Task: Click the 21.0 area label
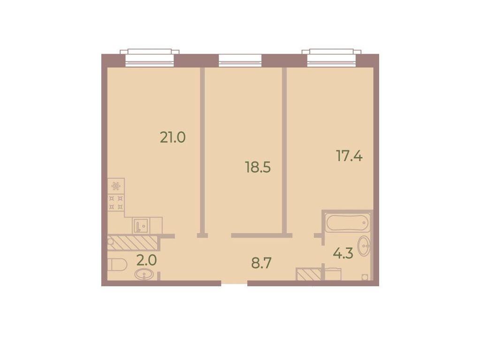click(173, 137)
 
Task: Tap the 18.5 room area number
click(258, 167)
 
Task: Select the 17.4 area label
click(349, 156)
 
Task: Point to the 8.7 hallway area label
click(261, 263)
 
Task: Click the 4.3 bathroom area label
click(343, 253)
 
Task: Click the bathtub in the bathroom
click(346, 223)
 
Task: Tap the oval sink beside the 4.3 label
click(364, 246)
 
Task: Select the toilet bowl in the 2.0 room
click(118, 264)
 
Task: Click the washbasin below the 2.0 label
click(144, 274)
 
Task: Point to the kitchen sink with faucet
click(140, 226)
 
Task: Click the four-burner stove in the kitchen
click(116, 202)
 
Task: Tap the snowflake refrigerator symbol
click(116, 186)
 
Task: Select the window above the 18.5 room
click(240, 60)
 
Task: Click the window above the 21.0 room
click(150, 58)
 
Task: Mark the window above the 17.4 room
click(332, 58)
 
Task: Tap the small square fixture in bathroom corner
click(365, 277)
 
